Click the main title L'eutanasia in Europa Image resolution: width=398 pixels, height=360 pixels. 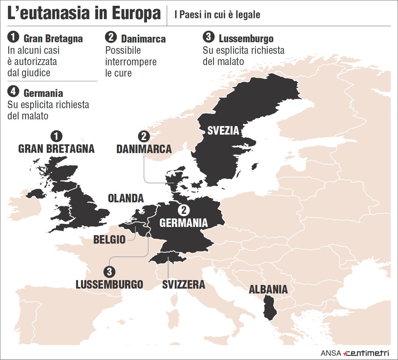click(x=84, y=14)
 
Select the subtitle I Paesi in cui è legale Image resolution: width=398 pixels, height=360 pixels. click(x=217, y=15)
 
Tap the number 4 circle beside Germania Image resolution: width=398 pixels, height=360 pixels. click(x=13, y=91)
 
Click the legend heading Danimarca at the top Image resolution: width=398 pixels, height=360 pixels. click(x=143, y=39)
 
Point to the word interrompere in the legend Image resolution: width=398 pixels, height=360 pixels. click(x=131, y=62)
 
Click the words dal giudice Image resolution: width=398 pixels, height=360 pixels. click(x=29, y=73)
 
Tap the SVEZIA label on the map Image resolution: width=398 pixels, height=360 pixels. click(x=223, y=131)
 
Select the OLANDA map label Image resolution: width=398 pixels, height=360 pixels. click(x=126, y=198)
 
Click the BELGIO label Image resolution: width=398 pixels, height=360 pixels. click(x=109, y=239)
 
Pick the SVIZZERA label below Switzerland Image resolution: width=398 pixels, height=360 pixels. click(x=184, y=285)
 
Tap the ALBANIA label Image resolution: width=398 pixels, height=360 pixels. click(x=268, y=289)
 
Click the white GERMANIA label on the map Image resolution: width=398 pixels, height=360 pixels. click(x=184, y=223)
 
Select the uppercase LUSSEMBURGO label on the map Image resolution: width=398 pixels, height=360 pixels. click(x=109, y=285)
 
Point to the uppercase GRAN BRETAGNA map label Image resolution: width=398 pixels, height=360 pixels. click(x=57, y=149)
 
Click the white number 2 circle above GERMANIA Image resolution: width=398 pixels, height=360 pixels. click(x=184, y=210)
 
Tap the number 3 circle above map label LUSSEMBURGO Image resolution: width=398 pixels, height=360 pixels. click(x=109, y=271)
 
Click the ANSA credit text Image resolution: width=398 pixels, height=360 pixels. click(x=331, y=353)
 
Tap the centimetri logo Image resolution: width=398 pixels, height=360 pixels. click(x=366, y=353)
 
